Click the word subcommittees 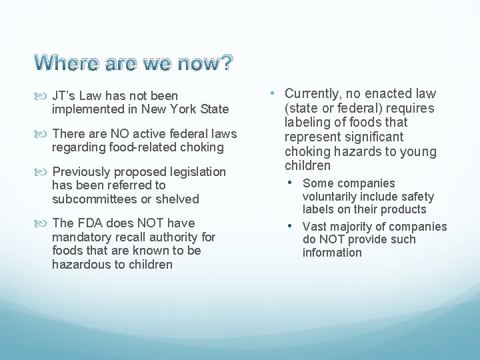point(95,199)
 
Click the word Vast point(316,227)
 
